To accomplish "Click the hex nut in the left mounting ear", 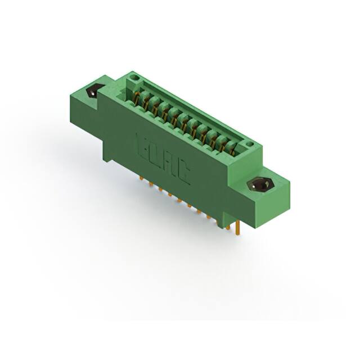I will click(x=92, y=92).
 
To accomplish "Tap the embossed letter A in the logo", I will click(x=169, y=165).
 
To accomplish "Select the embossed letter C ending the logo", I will click(x=183, y=175).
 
